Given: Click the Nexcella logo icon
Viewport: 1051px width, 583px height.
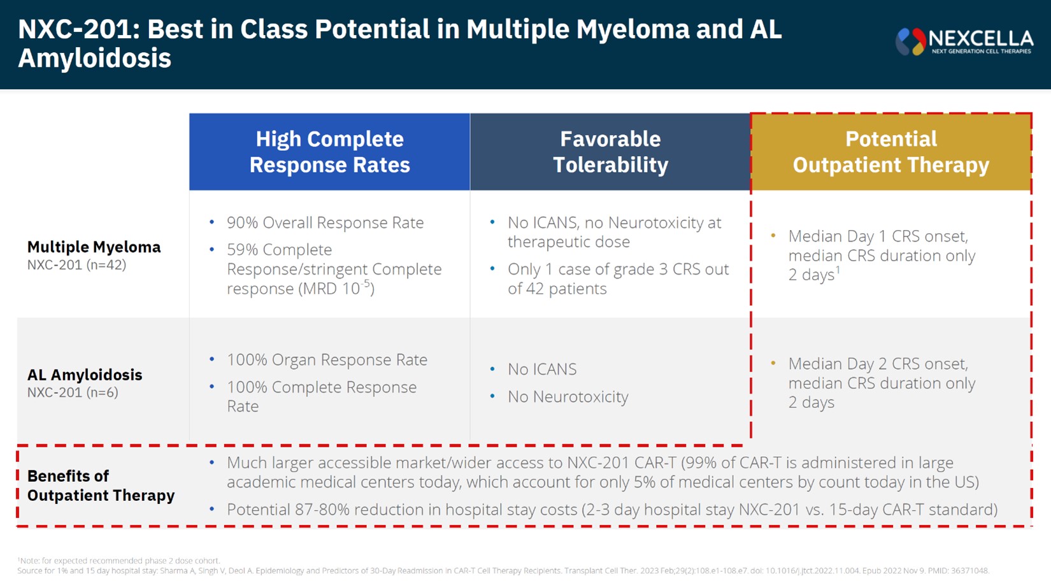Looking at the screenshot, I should [x=911, y=42].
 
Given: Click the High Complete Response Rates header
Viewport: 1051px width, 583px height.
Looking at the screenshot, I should [x=329, y=152].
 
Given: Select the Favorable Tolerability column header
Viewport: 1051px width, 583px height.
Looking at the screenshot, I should [x=610, y=152].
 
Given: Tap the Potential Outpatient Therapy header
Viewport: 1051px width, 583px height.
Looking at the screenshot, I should [x=890, y=152].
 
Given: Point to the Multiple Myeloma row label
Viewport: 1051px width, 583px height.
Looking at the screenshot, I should [x=94, y=247].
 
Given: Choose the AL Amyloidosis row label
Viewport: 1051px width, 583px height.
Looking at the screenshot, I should [x=85, y=375].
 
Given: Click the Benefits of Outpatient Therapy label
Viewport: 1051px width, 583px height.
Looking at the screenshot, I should [x=101, y=486].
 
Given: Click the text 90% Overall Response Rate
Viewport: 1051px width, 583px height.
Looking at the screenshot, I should [x=325, y=222].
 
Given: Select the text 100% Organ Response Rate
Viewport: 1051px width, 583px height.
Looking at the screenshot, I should [x=327, y=359].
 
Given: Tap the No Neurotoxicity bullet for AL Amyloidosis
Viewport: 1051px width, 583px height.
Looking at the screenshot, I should [x=568, y=396].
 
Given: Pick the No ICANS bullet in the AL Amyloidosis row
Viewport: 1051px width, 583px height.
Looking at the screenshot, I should [x=541, y=369].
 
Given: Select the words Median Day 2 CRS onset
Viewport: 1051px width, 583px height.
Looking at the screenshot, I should [x=878, y=364].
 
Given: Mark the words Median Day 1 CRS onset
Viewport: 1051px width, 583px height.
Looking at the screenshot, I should [x=878, y=236].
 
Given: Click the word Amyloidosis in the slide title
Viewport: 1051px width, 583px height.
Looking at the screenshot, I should [x=94, y=58].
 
